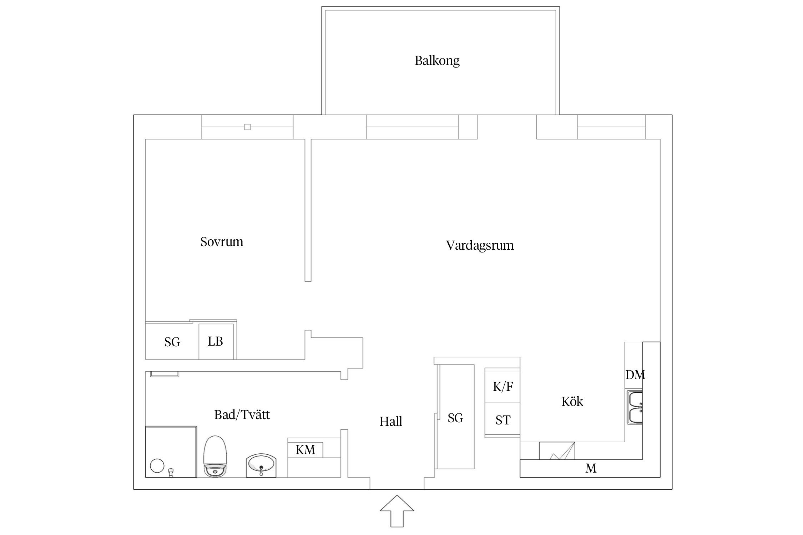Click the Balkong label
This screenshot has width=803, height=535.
(x=437, y=61)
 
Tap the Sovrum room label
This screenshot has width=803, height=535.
(x=222, y=242)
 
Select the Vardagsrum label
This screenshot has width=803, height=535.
(x=480, y=245)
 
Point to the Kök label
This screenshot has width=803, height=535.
(x=572, y=402)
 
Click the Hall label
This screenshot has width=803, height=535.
(x=390, y=422)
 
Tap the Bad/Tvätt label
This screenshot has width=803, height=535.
(x=242, y=415)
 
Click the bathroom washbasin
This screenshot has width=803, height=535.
(x=261, y=465)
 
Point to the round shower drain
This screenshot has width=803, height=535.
(x=157, y=466)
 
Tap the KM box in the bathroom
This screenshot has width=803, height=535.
(x=305, y=450)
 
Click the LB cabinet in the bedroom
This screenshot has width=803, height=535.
(x=216, y=342)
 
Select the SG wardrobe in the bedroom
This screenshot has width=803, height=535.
(x=172, y=342)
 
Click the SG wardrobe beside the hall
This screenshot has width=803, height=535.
(x=455, y=418)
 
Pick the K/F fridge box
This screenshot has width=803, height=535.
(x=502, y=387)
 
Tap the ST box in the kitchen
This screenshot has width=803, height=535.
(x=502, y=420)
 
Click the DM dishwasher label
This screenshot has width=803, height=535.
(x=635, y=374)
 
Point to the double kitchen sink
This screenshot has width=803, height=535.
(x=635, y=407)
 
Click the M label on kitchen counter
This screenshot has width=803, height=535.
(x=591, y=468)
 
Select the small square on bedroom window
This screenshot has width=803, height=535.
(x=247, y=127)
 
